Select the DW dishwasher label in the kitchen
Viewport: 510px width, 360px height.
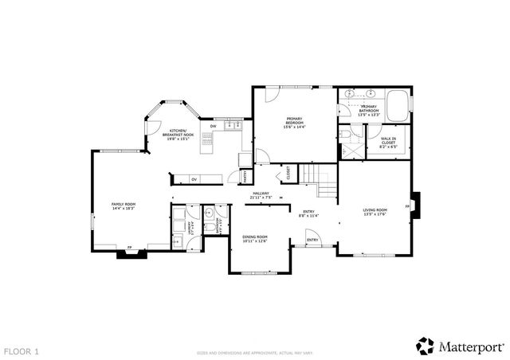pyautogui.click(x=213, y=127)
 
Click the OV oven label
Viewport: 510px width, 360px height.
pyautogui.click(x=194, y=179)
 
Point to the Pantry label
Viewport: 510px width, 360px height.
pyautogui.click(x=245, y=174)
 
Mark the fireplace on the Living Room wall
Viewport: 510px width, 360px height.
pyautogui.click(x=416, y=205)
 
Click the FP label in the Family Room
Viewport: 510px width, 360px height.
pyautogui.click(x=129, y=248)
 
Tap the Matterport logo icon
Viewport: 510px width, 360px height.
pyautogui.click(x=424, y=346)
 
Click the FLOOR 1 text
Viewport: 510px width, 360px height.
pyautogui.click(x=22, y=350)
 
